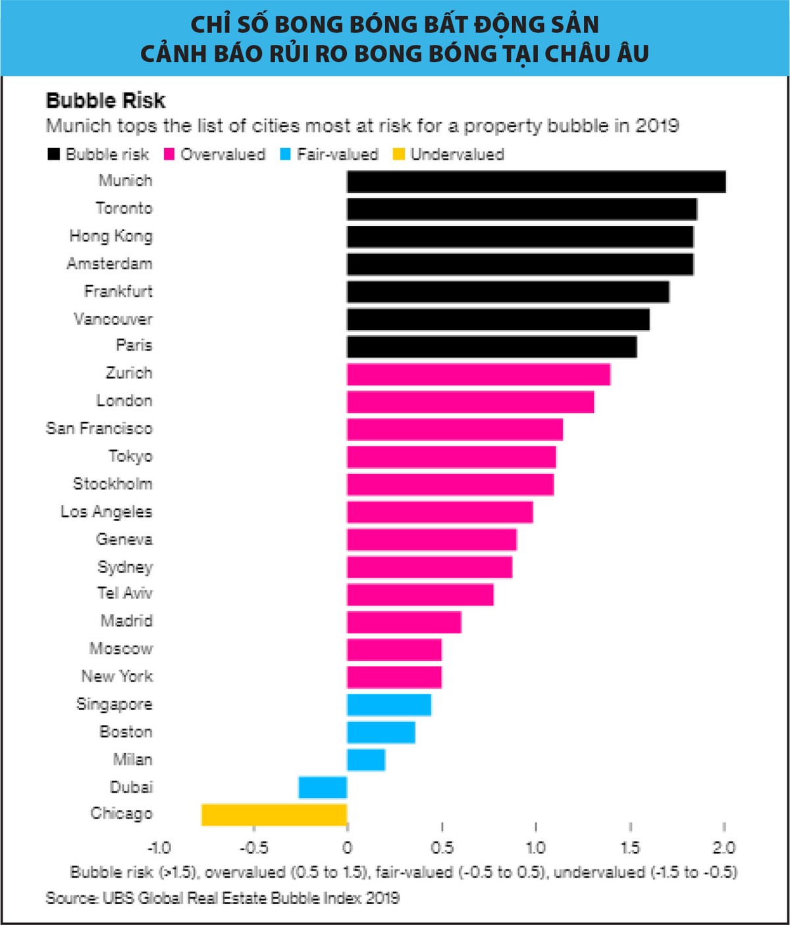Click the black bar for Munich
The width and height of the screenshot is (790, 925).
[x=536, y=182]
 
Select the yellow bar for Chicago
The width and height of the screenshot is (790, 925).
[x=274, y=814]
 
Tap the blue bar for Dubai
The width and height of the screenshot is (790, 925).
[x=323, y=787]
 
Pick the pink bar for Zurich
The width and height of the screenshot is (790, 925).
[x=479, y=374]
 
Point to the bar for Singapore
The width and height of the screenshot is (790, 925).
[x=389, y=704]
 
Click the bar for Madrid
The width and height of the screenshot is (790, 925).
[x=404, y=621]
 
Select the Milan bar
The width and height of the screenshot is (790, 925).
[x=366, y=760]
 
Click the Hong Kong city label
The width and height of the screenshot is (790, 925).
[x=111, y=236]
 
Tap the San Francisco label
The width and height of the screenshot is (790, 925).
[x=99, y=429]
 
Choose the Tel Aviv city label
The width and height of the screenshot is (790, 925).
[x=124, y=593]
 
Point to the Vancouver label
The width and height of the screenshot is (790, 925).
[x=113, y=319]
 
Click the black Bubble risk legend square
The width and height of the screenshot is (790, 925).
[x=53, y=155]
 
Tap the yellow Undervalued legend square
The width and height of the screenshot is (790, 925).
[x=398, y=155]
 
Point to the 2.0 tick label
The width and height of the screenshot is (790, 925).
[x=724, y=848]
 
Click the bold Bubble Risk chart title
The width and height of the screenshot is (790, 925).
[x=105, y=101]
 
